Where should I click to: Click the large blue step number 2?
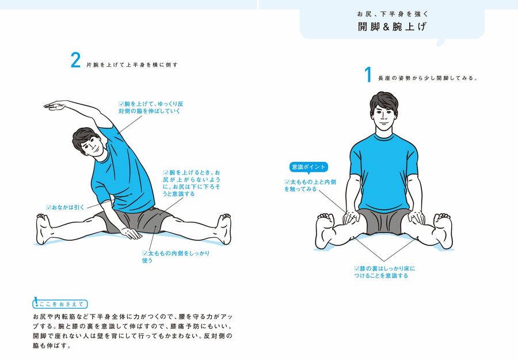tap(75, 60)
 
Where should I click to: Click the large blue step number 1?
tap(368, 74)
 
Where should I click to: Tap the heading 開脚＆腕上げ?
tap(392, 26)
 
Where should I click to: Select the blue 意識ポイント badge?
tap(308, 167)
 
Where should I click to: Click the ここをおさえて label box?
tap(60, 304)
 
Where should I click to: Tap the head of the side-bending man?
tap(88, 142)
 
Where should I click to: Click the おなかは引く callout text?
tap(66, 207)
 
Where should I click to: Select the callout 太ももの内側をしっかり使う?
tap(176, 256)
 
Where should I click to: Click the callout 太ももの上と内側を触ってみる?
tap(310, 185)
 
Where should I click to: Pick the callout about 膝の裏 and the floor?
tap(384, 272)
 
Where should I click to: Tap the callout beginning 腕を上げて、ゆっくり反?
tap(151, 108)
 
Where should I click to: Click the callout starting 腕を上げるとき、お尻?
tap(192, 183)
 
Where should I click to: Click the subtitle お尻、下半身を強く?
tap(392, 14)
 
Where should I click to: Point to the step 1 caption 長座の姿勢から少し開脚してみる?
tap(428, 78)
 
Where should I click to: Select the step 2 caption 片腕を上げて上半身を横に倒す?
tap(132, 65)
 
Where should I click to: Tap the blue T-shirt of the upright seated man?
tap(383, 172)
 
